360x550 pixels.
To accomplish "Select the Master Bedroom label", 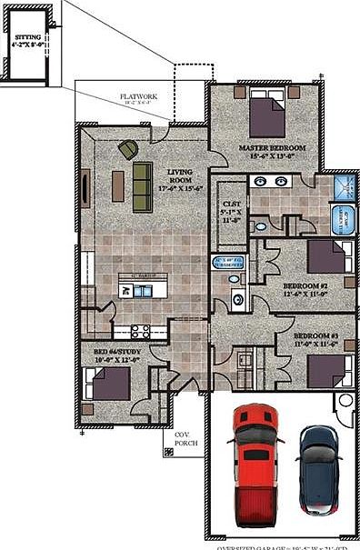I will tap(272, 151).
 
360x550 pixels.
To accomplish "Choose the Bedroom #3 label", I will tap(315, 340).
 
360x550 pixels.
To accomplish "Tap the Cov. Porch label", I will tap(186, 440).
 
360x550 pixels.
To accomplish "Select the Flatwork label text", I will tap(138, 98).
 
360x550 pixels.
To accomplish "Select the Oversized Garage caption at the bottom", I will tap(286, 545).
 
